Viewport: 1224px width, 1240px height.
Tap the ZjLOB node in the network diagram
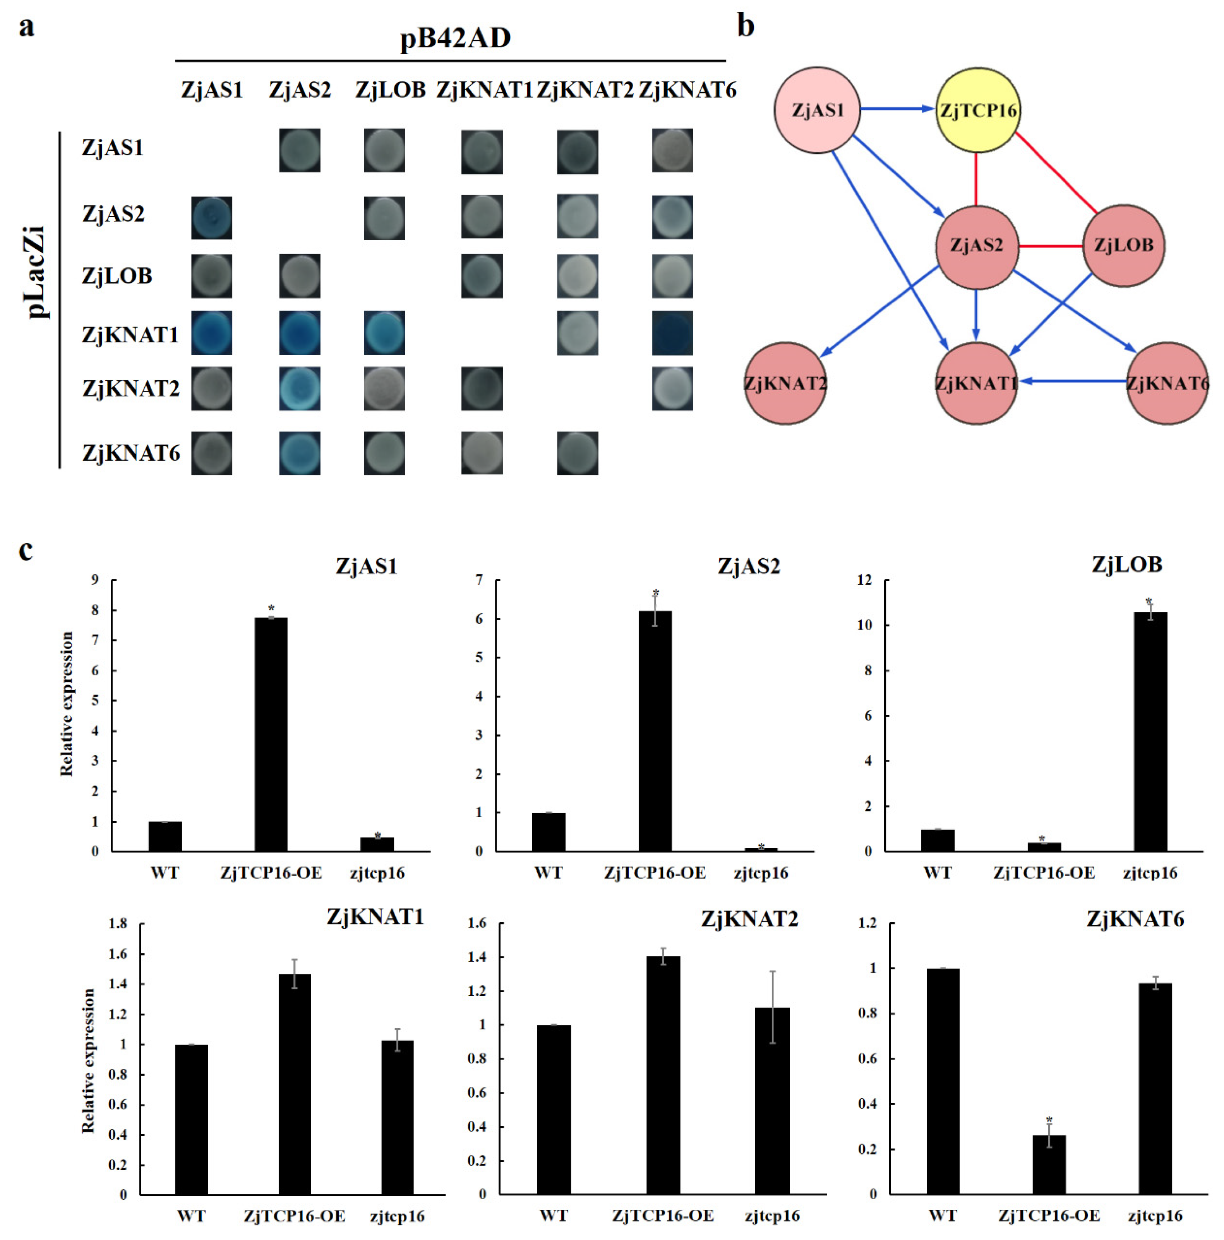point(1123,246)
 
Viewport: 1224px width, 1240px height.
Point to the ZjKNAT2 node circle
point(785,383)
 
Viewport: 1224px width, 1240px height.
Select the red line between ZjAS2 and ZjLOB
point(1050,246)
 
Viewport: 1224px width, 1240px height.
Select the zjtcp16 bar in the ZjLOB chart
point(1150,732)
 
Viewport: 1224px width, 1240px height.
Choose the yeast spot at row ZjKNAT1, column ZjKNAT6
point(672,333)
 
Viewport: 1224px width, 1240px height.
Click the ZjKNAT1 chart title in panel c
point(375,917)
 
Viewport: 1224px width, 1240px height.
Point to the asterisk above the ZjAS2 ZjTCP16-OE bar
point(655,593)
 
